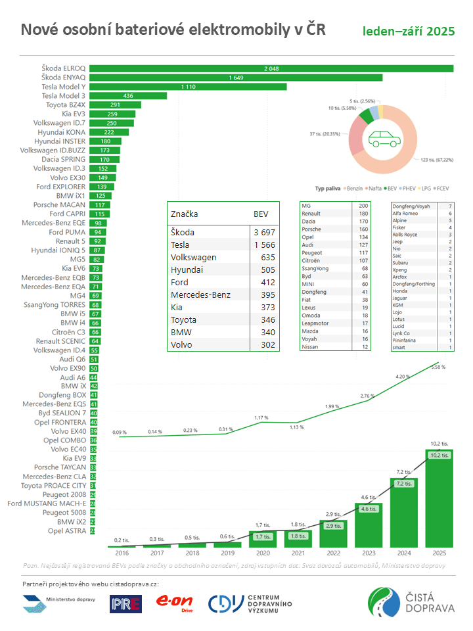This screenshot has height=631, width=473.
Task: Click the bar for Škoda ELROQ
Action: point(271,68)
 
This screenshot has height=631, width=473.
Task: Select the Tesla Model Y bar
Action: point(188,86)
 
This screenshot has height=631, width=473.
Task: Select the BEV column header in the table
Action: point(260,214)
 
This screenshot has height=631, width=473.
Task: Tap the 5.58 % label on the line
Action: point(438,367)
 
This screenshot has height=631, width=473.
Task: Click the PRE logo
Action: point(125,603)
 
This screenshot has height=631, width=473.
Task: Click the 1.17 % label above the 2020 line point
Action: point(261,417)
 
